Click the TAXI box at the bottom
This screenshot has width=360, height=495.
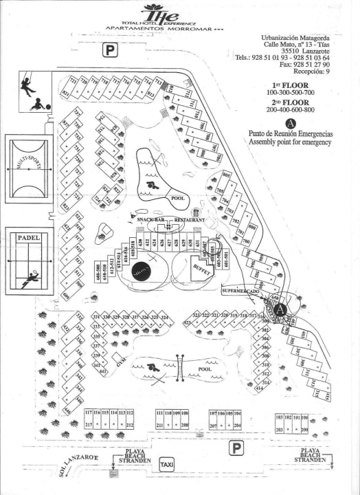coord(167,465)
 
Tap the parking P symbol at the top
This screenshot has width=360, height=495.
coord(110,49)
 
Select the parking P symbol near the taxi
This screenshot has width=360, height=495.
coord(236,448)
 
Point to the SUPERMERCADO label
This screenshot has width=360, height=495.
coord(239,291)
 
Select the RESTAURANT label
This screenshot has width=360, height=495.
coord(190,219)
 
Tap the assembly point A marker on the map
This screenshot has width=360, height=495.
coord(279,309)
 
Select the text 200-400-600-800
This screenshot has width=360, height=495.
coord(291,109)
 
